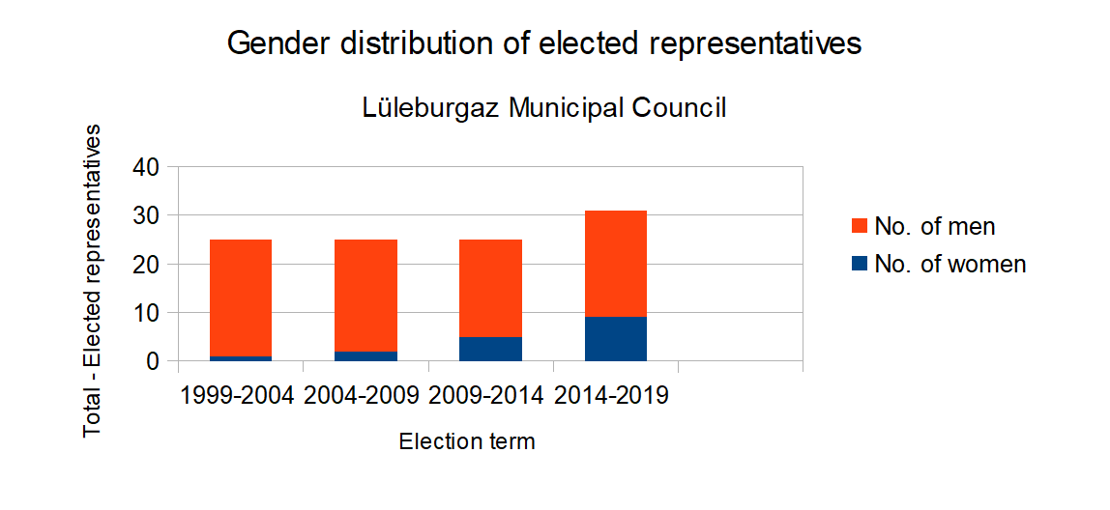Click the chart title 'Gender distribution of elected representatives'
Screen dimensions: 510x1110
pyautogui.click(x=543, y=43)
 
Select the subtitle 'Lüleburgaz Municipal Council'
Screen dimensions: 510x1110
pyautogui.click(x=543, y=108)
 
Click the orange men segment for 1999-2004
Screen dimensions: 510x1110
pyautogui.click(x=241, y=297)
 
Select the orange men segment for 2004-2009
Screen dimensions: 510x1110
pyautogui.click(x=365, y=295)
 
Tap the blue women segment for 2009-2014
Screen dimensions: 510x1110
pyautogui.click(x=491, y=350)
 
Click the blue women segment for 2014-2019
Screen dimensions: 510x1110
pyautogui.click(x=616, y=339)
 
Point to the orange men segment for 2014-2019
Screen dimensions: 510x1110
pyautogui.click(x=616, y=264)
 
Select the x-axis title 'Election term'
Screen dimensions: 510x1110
pyautogui.click(x=467, y=442)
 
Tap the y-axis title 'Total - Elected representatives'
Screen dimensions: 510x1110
pyautogui.click(x=93, y=280)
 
